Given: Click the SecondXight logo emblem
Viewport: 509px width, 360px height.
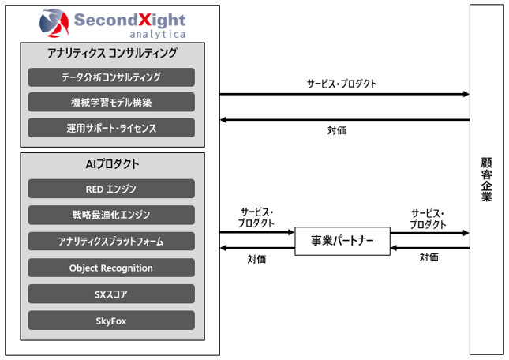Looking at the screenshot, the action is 54,23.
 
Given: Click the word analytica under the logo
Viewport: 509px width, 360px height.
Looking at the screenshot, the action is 158,34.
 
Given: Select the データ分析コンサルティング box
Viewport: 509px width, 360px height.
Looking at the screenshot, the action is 111,77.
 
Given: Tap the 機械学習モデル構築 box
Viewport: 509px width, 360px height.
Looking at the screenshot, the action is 111,103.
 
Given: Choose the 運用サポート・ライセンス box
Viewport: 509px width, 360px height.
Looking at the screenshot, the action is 111,128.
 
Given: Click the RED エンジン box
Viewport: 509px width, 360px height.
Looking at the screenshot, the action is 111,189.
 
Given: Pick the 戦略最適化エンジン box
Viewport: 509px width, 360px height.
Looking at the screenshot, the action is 111,215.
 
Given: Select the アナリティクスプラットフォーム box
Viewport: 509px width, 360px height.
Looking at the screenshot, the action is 111,242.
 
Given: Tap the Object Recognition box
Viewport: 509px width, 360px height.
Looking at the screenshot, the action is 111,268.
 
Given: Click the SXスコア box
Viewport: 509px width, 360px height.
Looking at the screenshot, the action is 111,294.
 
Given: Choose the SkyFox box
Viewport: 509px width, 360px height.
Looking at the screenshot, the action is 111,321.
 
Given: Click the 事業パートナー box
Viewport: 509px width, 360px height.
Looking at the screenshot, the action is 342,241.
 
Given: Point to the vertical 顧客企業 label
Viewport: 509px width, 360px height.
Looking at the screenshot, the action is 486,179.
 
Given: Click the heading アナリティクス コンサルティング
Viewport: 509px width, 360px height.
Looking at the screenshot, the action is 112,53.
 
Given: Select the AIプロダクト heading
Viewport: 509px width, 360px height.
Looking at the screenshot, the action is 112,164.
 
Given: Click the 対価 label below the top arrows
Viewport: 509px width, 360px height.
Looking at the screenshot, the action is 337,130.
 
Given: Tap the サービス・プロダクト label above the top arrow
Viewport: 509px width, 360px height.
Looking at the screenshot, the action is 342,84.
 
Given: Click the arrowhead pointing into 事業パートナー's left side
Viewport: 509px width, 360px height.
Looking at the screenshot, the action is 291,232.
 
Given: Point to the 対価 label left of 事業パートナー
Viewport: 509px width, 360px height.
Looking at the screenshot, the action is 256,259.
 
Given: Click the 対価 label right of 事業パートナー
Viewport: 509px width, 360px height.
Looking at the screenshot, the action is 429,257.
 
